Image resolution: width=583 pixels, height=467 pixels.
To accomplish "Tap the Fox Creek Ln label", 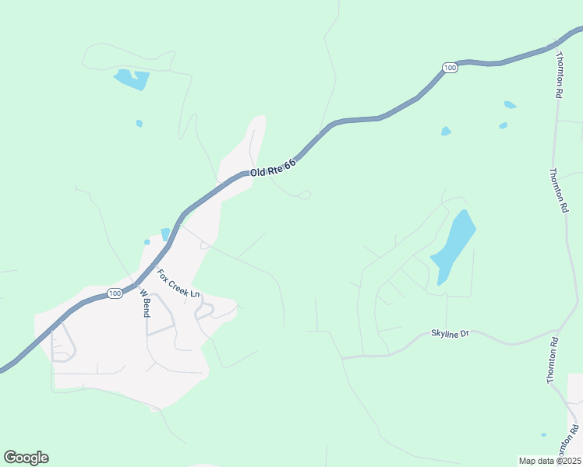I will (x=178, y=284).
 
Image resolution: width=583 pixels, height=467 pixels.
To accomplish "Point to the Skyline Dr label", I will (x=450, y=334).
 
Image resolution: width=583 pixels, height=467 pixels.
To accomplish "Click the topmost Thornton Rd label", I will (x=559, y=75).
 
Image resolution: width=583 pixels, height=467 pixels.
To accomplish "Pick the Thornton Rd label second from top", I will (x=558, y=191).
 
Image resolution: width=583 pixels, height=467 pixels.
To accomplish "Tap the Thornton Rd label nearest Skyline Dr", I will (x=553, y=360).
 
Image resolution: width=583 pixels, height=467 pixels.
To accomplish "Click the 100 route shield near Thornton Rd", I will (x=450, y=68).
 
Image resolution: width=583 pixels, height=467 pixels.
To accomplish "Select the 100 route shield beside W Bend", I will (x=115, y=293).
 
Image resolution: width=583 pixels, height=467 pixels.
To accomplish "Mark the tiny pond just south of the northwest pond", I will (x=140, y=123).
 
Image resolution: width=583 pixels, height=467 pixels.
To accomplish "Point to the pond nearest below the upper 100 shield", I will (x=446, y=131).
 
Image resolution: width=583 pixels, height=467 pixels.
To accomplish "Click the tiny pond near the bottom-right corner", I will (x=543, y=435).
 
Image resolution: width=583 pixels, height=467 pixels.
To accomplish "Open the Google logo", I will (x=26, y=457).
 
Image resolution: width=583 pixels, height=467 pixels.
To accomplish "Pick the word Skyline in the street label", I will (x=444, y=334).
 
